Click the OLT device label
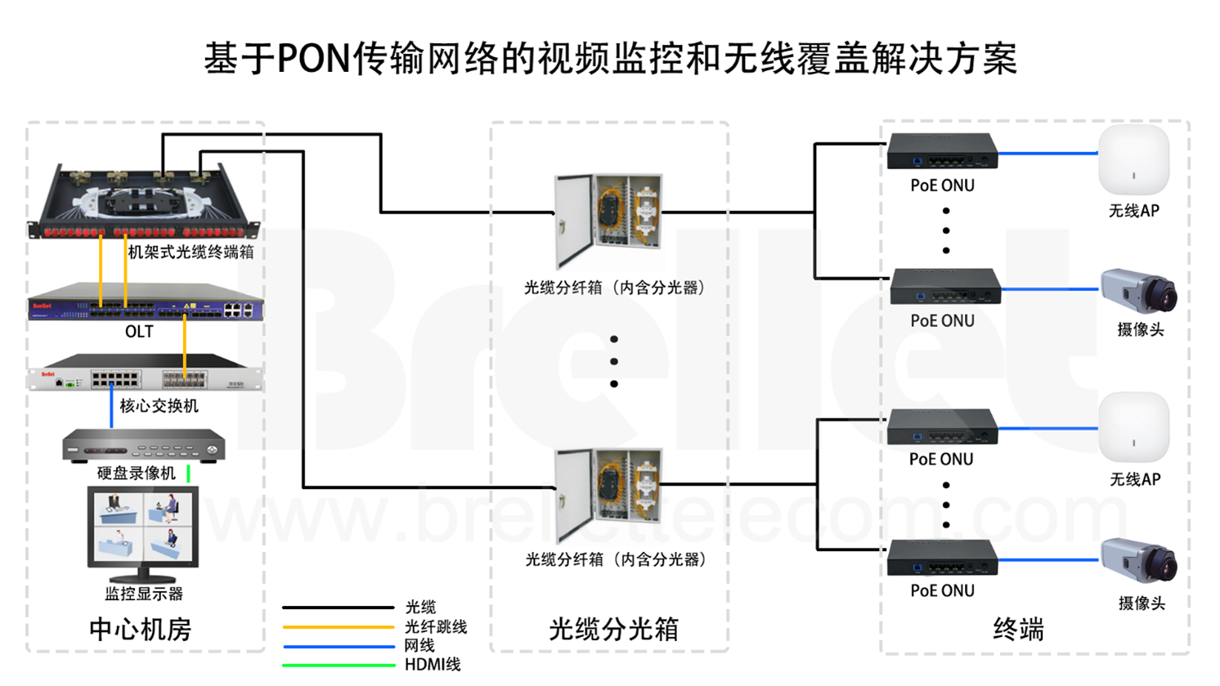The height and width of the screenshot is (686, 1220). [x=139, y=331]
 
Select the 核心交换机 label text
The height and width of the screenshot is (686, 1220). [x=159, y=406]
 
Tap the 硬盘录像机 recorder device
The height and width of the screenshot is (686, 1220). [x=144, y=446]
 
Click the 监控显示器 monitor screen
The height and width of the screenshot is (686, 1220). [x=143, y=526]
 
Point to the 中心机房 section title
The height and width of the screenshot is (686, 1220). [x=140, y=629]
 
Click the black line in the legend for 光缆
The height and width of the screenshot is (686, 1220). [x=338, y=608]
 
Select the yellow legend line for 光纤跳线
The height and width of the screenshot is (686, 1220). [x=338, y=627]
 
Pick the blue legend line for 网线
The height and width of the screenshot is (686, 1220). [x=338, y=646]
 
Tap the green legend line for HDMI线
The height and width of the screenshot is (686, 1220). [x=338, y=665]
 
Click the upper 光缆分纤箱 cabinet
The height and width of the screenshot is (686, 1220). [x=608, y=218]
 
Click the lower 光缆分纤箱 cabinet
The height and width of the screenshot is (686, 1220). [x=608, y=493]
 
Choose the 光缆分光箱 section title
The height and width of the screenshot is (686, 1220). [x=613, y=629]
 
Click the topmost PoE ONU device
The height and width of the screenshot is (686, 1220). [x=943, y=152]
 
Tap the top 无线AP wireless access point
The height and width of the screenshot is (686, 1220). [x=1133, y=160]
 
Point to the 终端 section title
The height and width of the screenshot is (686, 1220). [x=1018, y=629]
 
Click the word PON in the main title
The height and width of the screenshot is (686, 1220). [x=314, y=59]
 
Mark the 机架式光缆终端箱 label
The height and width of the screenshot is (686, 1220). [x=191, y=252]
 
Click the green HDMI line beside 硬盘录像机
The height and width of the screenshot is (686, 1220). [x=188, y=473]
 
